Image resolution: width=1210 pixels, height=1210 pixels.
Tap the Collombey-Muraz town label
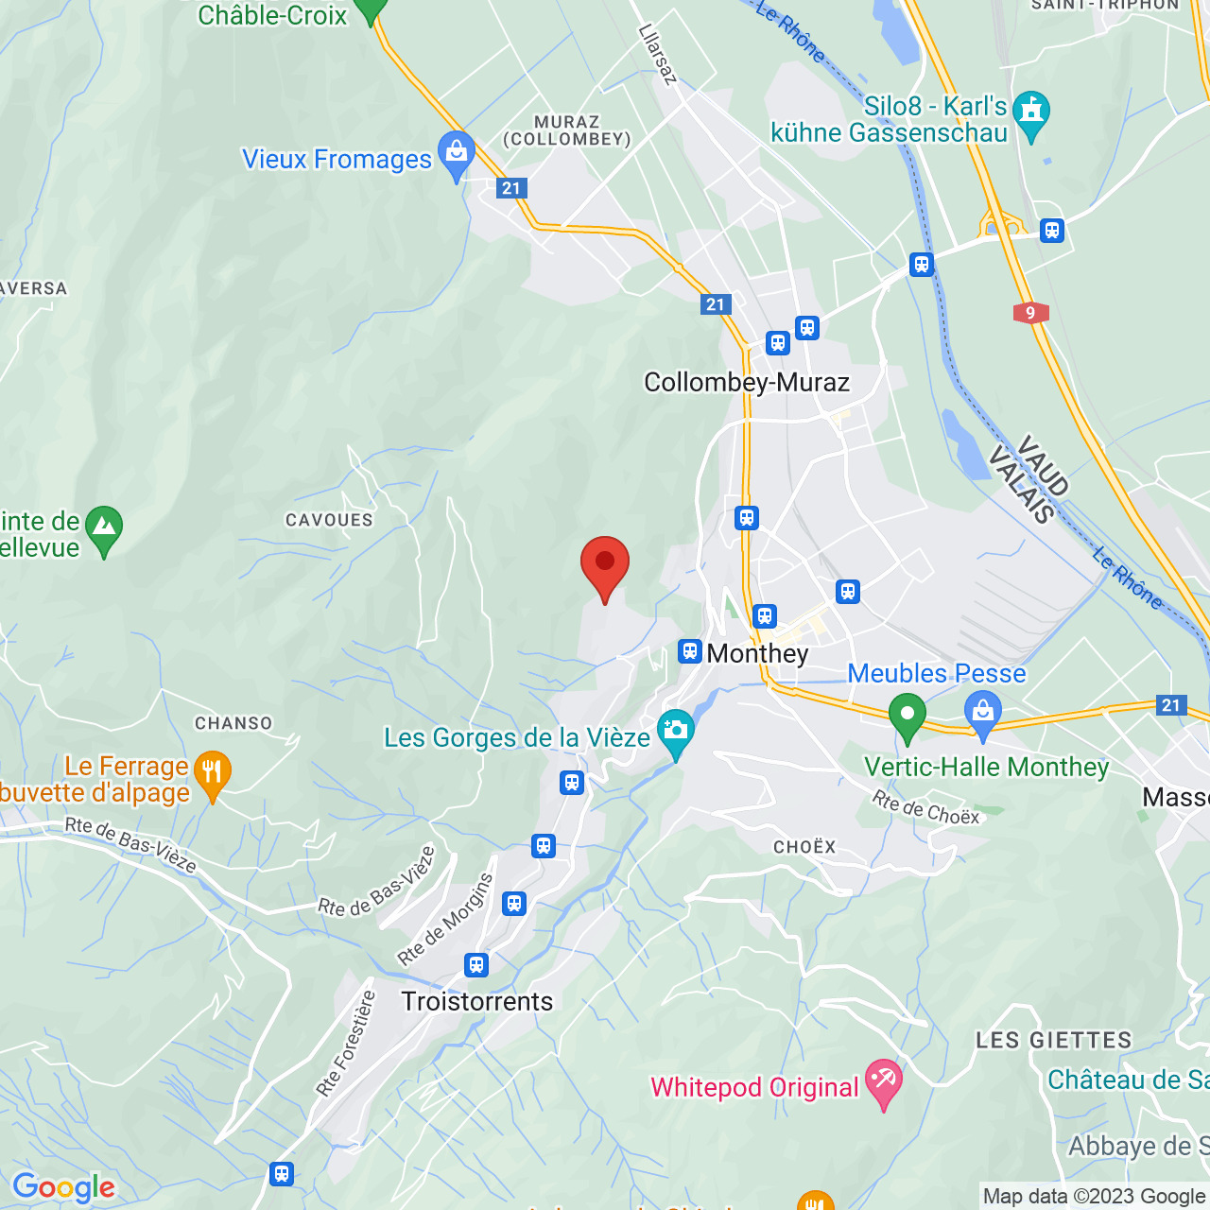coord(747,382)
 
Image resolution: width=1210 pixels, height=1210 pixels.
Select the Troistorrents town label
coord(476,1001)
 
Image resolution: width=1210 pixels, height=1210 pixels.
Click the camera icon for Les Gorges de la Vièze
coord(676,732)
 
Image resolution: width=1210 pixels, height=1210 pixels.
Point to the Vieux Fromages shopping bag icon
coord(458,153)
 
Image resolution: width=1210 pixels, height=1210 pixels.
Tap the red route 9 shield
coord(1030,313)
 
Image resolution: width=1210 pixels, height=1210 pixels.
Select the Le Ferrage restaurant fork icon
coord(213,772)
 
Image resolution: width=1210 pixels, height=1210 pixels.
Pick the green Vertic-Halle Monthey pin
coord(907,716)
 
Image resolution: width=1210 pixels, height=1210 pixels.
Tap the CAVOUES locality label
coord(329,520)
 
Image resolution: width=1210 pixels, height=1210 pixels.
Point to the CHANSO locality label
coord(233,723)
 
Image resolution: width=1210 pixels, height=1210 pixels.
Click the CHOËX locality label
coord(804,847)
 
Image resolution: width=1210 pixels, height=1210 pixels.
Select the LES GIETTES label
coord(1053,1041)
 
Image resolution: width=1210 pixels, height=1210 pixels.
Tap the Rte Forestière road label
coord(346,1044)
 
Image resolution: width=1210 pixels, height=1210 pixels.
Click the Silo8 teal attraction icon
coord(1031,112)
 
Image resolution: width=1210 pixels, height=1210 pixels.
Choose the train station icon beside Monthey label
coord(690,651)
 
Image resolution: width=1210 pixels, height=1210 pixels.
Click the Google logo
coord(63,1187)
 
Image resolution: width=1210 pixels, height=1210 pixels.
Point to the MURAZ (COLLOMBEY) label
coord(567,130)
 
